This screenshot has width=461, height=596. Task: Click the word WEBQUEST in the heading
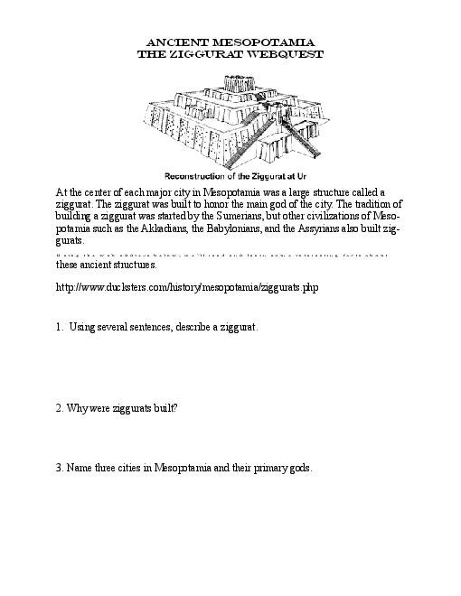click(280, 54)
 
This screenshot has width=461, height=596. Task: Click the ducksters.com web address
click(187, 288)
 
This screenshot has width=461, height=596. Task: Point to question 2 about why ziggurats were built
click(117, 408)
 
